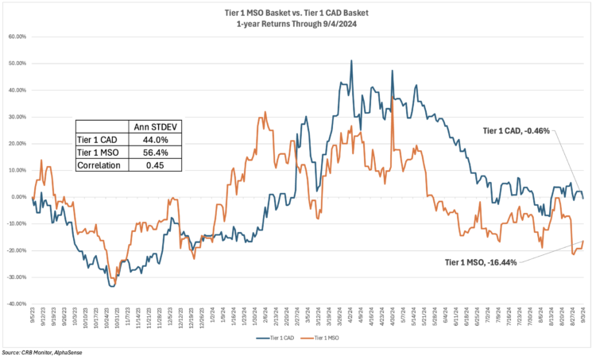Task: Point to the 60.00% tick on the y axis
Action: pos(16,37)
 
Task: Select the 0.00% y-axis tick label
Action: pos(17,197)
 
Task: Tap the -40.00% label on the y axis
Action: pos(15,304)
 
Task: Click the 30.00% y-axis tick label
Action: pos(16,117)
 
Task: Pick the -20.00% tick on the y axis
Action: pos(15,250)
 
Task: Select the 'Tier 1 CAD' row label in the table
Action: pos(99,139)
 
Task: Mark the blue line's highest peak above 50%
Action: pos(351,60)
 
